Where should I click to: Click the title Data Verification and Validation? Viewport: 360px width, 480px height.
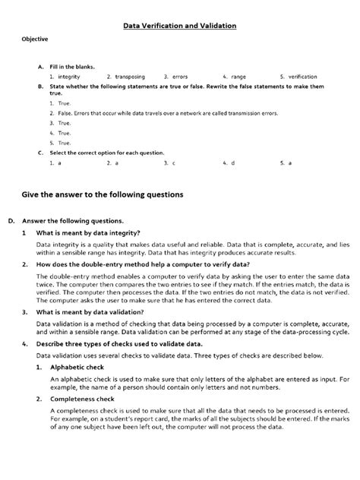(181, 27)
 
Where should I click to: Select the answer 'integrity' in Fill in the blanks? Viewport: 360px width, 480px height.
(68, 77)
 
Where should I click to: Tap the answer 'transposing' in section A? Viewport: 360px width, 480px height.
(131, 77)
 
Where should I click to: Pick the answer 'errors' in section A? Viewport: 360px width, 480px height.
(180, 77)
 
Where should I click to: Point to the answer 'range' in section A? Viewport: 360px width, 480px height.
(238, 77)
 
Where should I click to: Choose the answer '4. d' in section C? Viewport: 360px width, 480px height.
(229, 163)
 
